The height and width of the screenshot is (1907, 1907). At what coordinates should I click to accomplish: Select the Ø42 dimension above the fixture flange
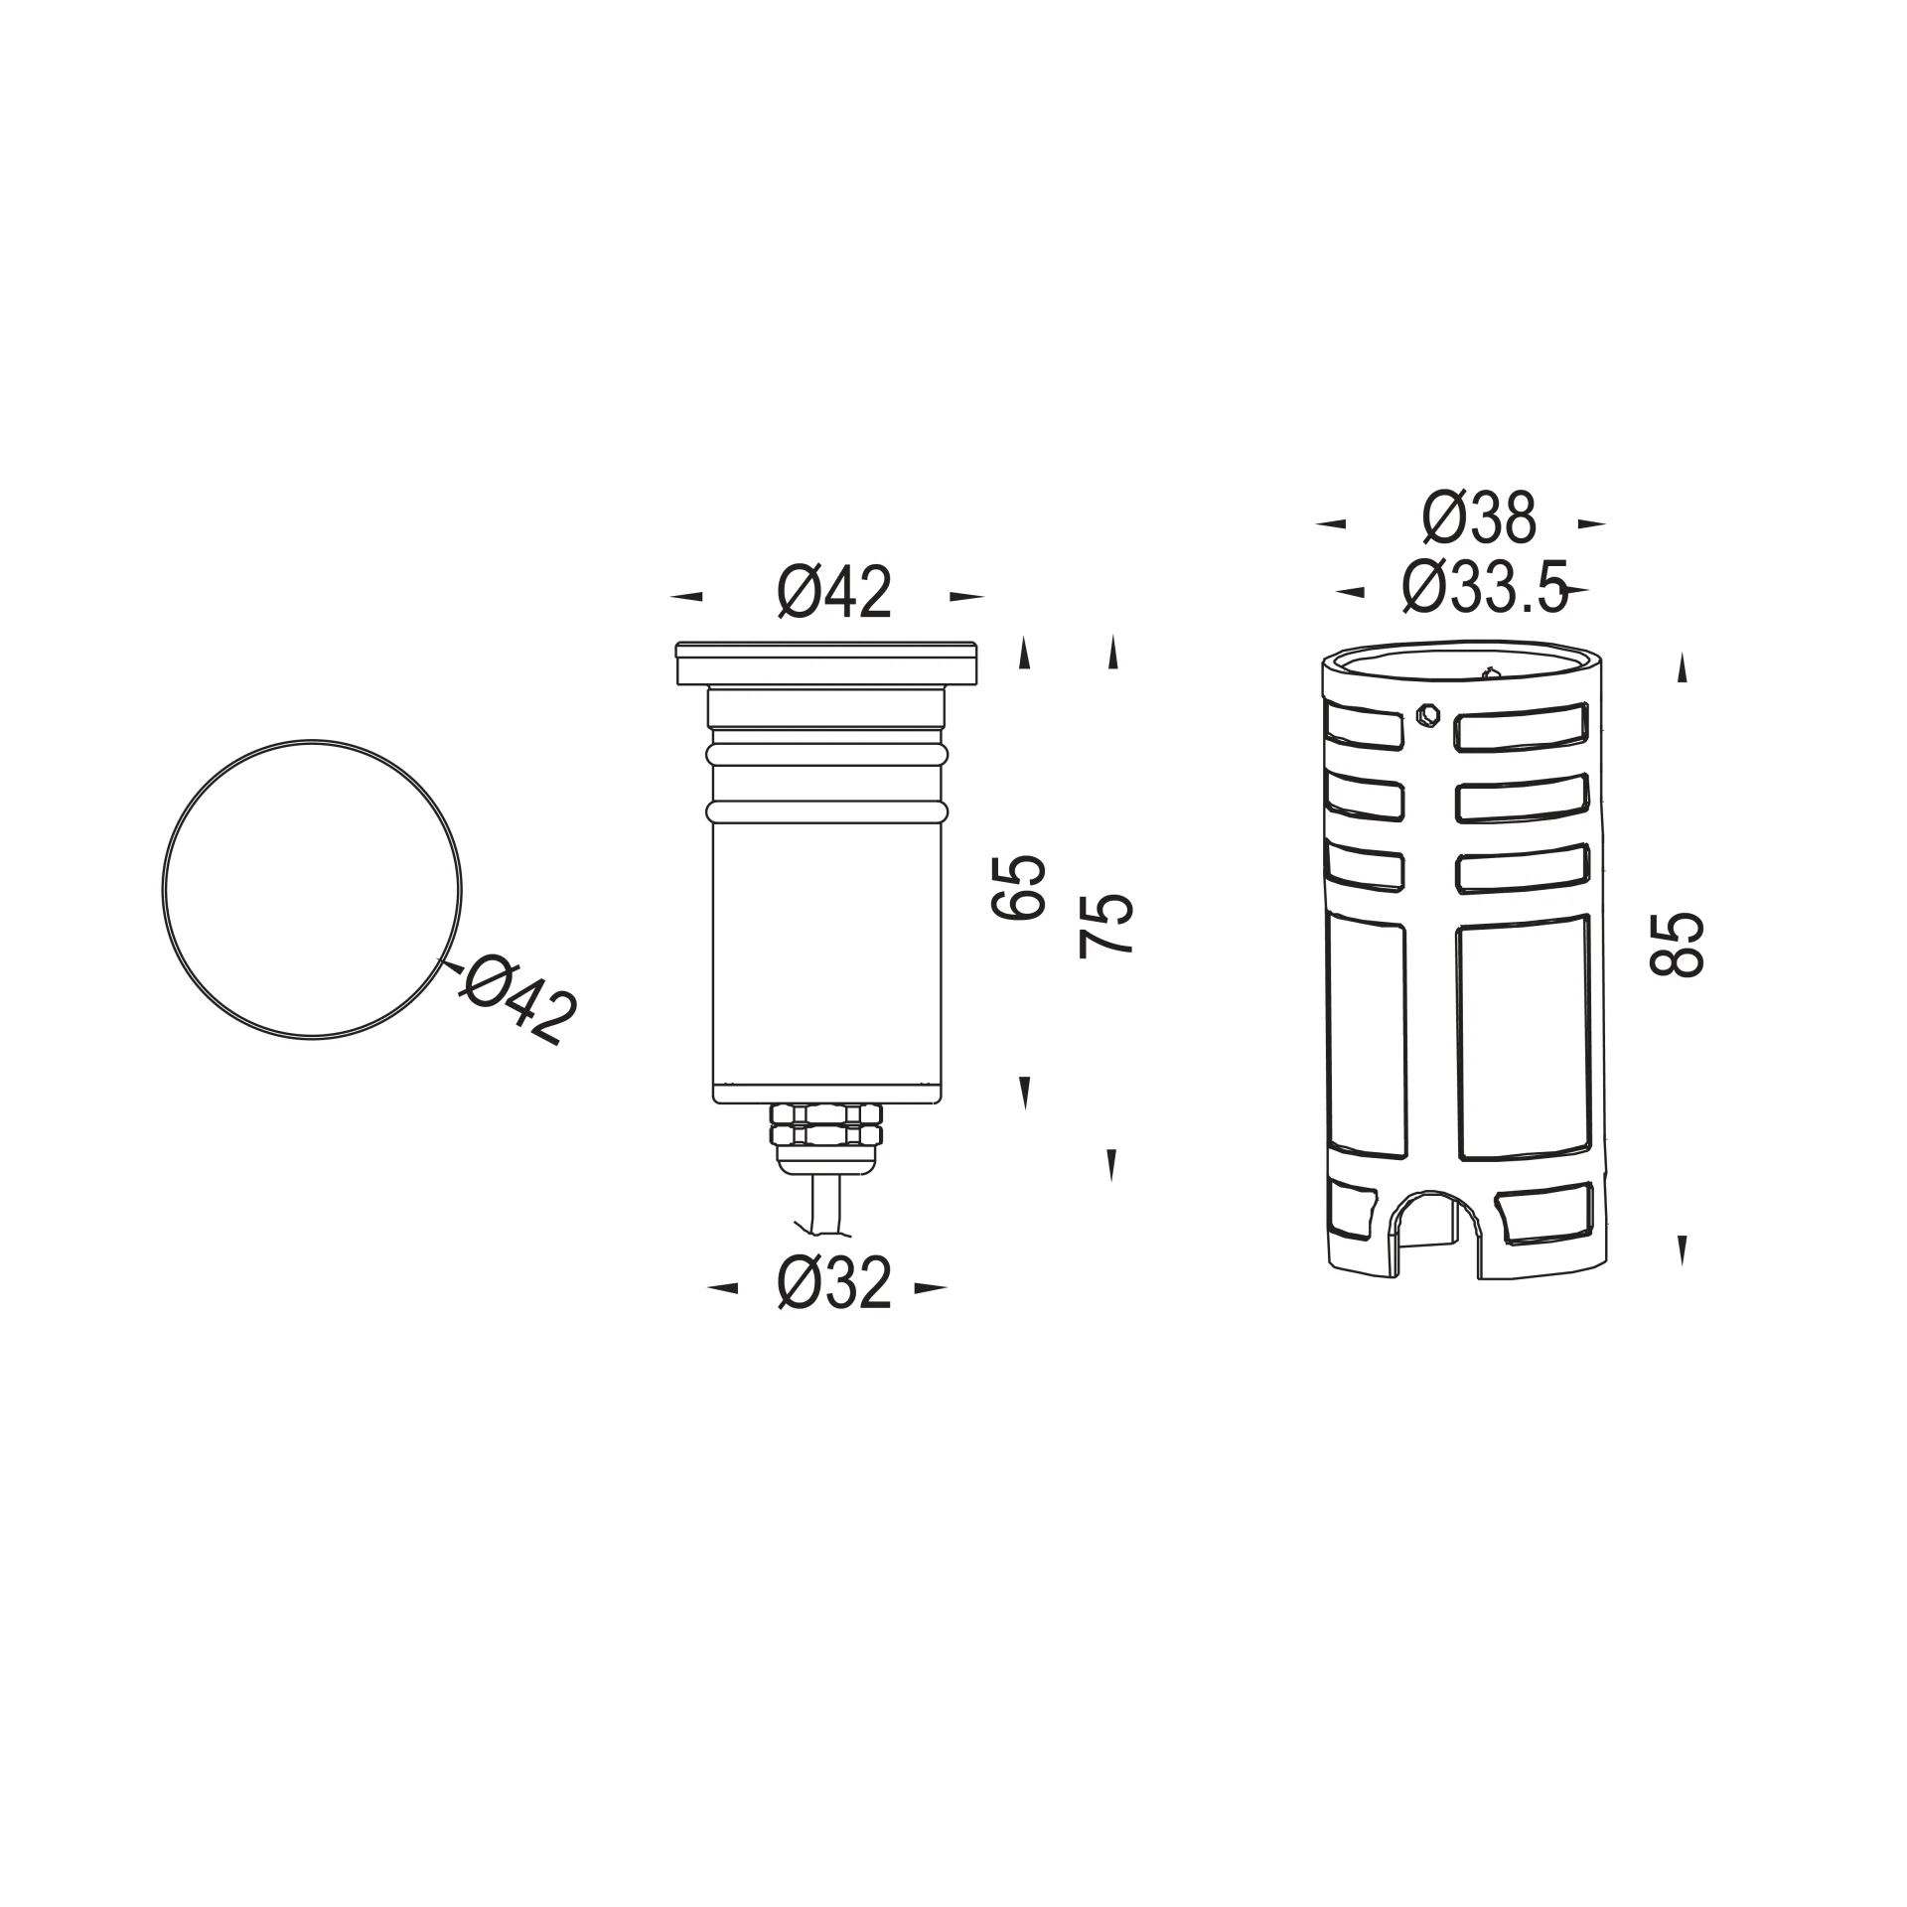pos(834,593)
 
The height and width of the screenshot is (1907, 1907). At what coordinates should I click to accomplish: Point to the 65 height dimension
pos(1019,887)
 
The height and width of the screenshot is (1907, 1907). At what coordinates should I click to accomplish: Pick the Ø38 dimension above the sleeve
pos(1480,518)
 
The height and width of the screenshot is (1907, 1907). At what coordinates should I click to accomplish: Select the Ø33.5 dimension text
pos(1485,587)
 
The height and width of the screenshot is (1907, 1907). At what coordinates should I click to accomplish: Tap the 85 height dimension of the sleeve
pos(1677,945)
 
